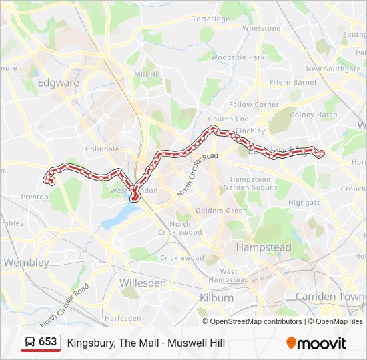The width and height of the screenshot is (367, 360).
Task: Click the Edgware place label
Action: pos(59,83)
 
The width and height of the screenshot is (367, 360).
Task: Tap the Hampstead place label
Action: pos(264,247)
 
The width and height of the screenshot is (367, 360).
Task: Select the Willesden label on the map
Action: pos(142,283)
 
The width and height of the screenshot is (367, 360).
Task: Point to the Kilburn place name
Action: pos(217,297)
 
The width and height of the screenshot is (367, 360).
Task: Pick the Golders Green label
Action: pos(221,211)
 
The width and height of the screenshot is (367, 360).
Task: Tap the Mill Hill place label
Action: pos(148,74)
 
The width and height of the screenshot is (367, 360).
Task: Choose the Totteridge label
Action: pos(210,19)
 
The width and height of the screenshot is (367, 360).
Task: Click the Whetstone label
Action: pos(262,29)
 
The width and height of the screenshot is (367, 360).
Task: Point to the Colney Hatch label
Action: pos(314,115)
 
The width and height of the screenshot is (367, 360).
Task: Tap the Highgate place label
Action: pos(304,202)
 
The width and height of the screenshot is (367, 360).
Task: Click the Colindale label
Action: pos(103,149)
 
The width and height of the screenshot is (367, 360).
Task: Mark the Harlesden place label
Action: pos(123,319)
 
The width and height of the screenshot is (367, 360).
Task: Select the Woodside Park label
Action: pos(238,57)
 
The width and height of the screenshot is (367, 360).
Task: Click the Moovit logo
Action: pos(316,343)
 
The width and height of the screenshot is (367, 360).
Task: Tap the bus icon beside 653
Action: pos(29,342)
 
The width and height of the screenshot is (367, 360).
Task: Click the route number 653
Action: pos(48,342)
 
